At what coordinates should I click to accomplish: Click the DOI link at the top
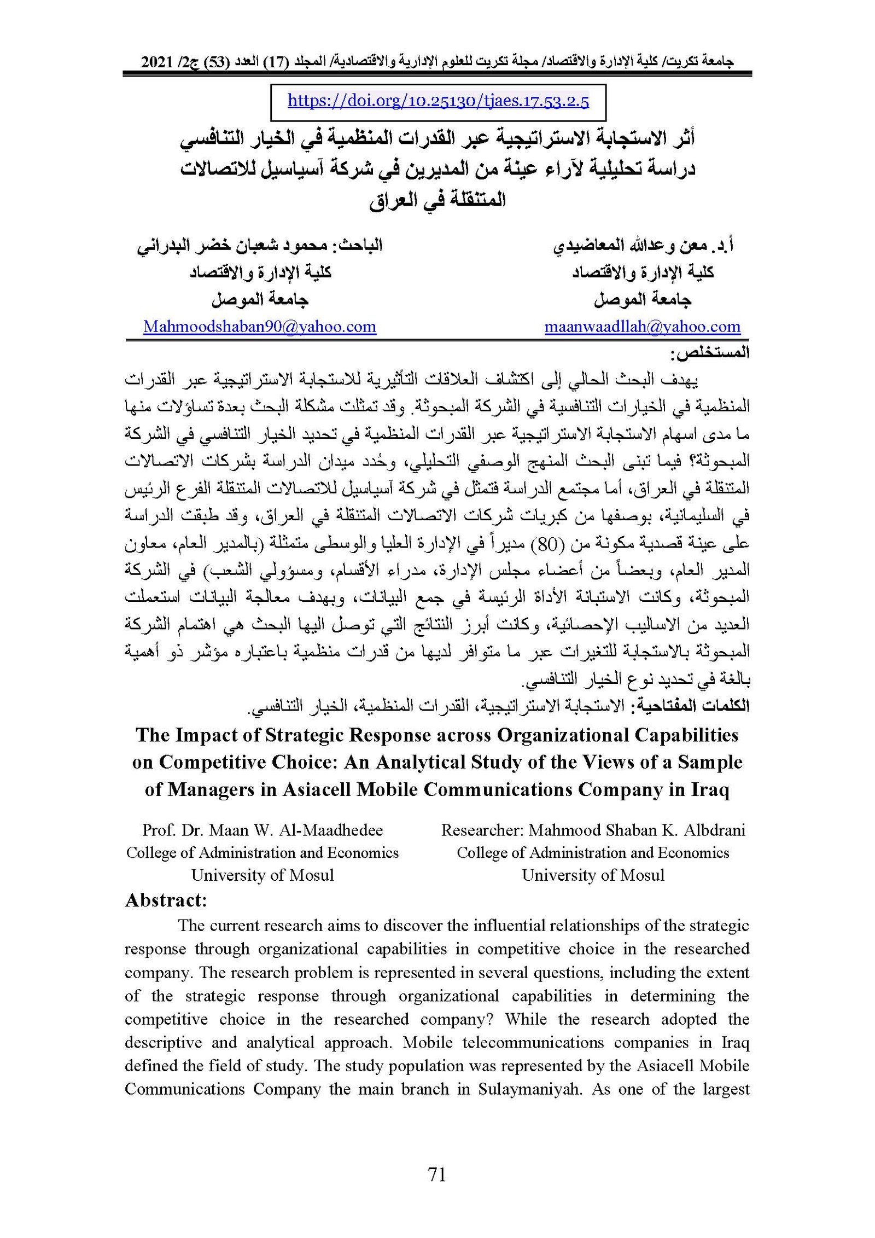(x=437, y=101)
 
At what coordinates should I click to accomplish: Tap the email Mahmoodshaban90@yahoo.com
(x=260, y=327)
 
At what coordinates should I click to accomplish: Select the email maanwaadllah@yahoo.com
(x=642, y=327)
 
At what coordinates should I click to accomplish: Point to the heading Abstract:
(x=166, y=900)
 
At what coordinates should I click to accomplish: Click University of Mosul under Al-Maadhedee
(x=262, y=875)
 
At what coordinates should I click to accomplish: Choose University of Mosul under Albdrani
(x=593, y=875)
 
